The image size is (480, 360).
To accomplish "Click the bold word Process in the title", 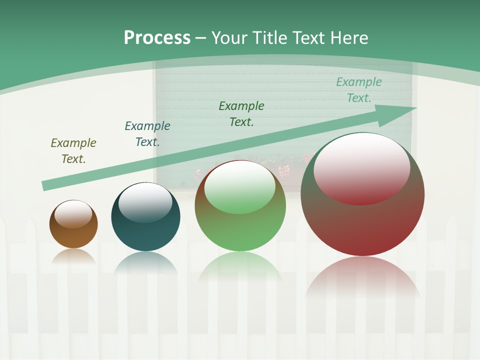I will point(157,38).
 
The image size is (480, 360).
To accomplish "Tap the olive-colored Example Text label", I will point(73,151).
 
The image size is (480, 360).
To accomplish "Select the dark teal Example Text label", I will point(147,134).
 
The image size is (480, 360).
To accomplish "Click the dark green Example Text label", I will point(241,113).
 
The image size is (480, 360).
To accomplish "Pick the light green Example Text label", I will point(359,90).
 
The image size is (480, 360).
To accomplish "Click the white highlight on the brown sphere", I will point(73,214).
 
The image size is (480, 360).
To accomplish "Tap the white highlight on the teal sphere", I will point(145,202).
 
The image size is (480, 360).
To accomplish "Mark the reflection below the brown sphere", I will point(73,256).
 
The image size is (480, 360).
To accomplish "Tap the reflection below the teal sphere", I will point(145,262).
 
